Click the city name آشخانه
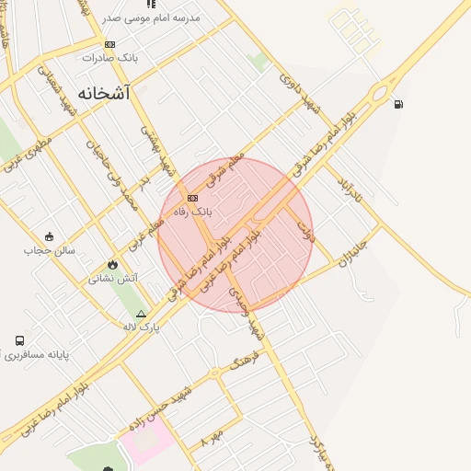point(104,93)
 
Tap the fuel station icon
point(397,103)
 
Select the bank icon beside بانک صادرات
point(110,44)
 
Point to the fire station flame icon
point(113,264)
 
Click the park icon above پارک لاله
point(141,314)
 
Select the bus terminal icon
point(19,340)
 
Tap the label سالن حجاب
point(49,249)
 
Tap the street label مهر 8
point(212,437)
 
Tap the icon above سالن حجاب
point(49,235)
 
